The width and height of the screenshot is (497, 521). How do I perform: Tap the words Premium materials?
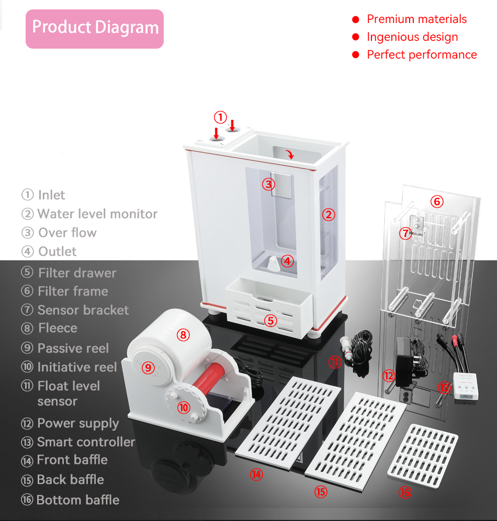(416, 19)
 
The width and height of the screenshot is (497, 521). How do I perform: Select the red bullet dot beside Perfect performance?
(356, 55)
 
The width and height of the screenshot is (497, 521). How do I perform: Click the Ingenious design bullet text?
(412, 37)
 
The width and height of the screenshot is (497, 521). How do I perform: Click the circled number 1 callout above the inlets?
(221, 117)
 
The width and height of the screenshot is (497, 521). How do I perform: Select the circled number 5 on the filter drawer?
(270, 320)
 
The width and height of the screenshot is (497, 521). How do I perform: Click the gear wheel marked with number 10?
(183, 407)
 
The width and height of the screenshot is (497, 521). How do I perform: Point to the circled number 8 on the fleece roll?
(183, 335)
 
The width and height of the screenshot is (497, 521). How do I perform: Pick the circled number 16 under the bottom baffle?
(404, 492)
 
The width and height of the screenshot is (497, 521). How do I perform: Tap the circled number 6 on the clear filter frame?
(437, 201)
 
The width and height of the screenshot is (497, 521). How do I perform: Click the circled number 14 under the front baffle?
(256, 474)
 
